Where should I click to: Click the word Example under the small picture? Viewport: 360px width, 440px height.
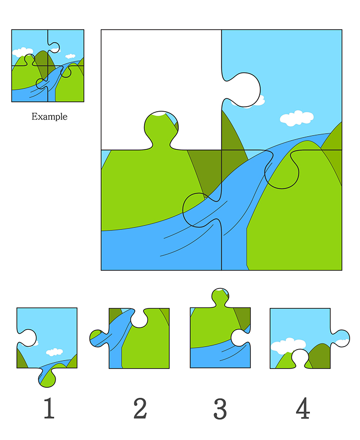(x=49, y=116)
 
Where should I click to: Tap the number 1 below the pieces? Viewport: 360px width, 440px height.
(x=49, y=408)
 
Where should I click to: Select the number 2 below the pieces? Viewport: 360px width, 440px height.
(x=140, y=408)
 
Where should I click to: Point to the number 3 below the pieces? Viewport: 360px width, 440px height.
(x=220, y=409)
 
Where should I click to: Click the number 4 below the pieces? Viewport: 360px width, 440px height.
(x=303, y=408)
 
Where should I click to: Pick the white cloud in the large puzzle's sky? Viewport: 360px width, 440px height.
(x=296, y=118)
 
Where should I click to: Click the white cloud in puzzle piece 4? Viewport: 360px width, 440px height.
(x=288, y=346)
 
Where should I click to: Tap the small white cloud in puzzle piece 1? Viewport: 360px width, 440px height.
(x=55, y=352)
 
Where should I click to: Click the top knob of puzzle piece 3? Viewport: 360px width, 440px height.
(x=220, y=297)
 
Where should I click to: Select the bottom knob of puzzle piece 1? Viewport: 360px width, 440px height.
(x=47, y=377)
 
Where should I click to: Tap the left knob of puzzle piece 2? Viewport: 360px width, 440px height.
(x=98, y=338)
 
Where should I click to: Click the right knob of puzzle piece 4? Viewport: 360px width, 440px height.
(x=340, y=338)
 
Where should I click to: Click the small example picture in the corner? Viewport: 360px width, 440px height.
(x=48, y=66)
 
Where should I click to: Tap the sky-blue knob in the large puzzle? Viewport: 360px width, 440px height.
(x=243, y=90)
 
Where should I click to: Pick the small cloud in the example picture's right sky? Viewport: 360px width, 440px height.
(x=70, y=56)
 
